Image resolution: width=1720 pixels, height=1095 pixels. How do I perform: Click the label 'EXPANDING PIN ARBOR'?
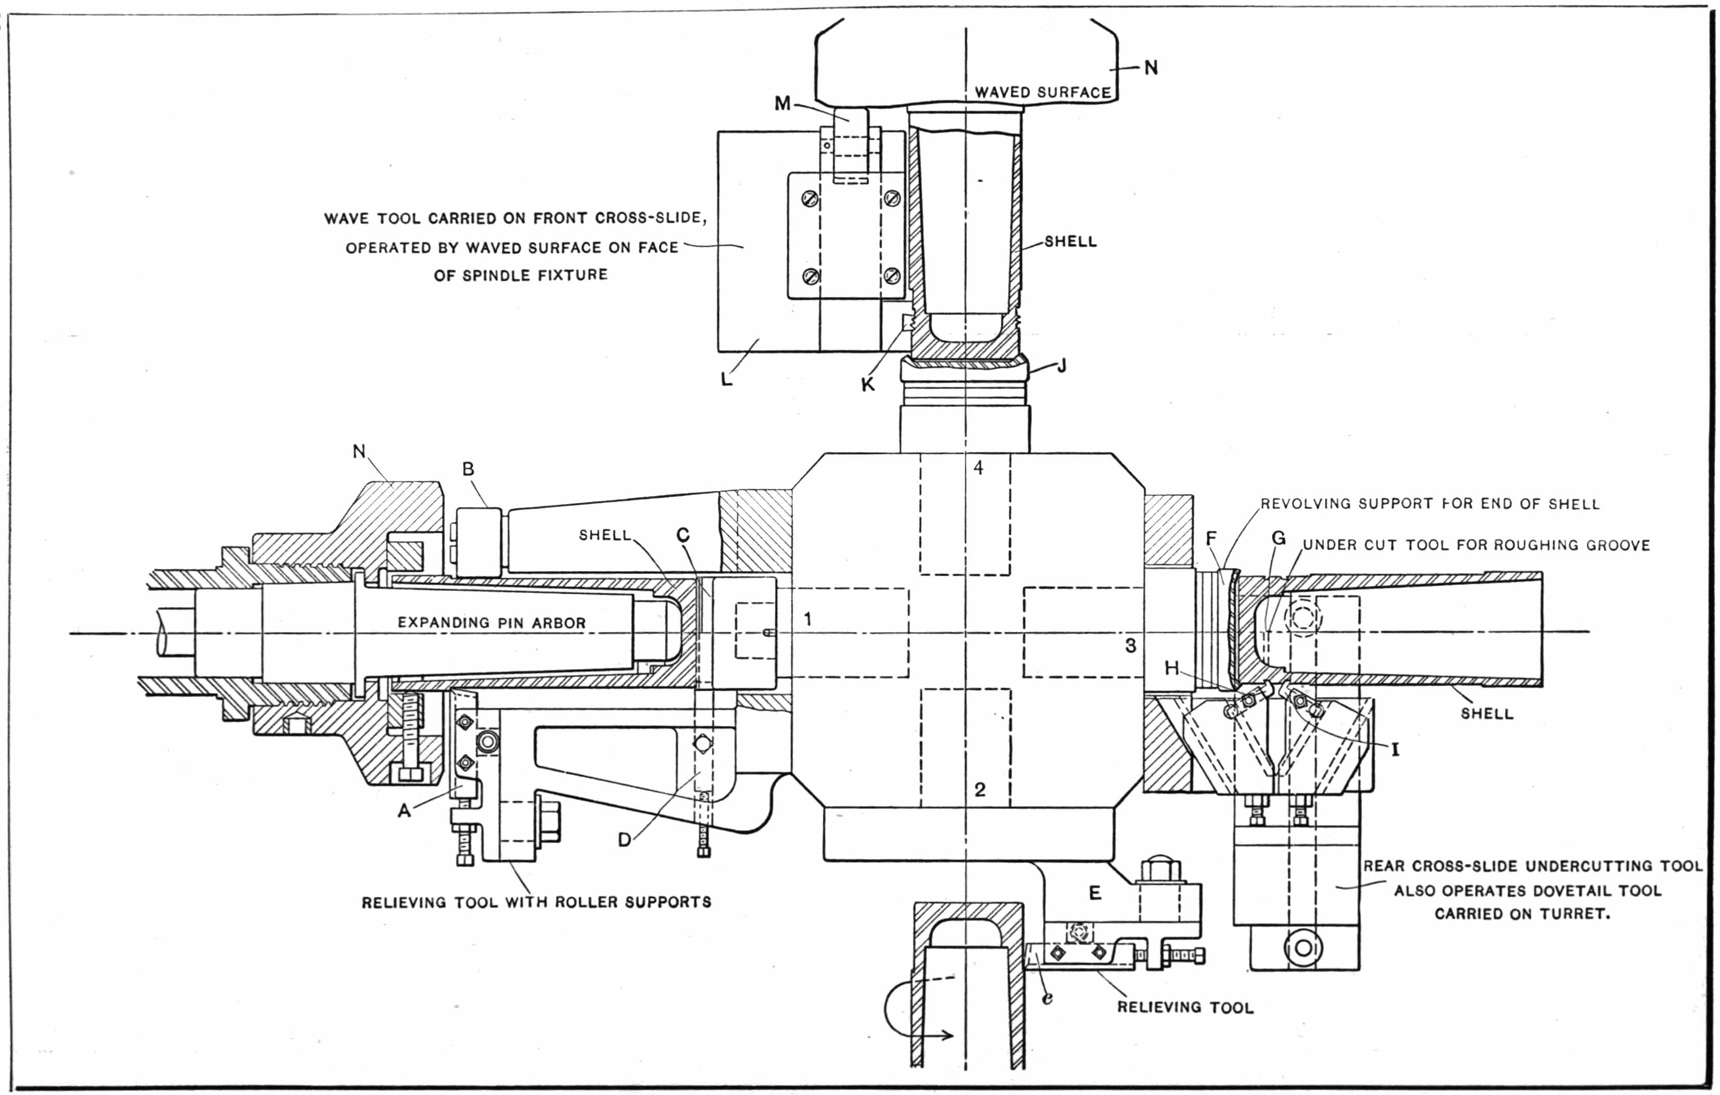pos(491,623)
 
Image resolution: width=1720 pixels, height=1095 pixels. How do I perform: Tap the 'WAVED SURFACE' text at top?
pos(1043,93)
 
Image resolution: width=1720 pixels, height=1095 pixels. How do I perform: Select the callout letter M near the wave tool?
pos(783,104)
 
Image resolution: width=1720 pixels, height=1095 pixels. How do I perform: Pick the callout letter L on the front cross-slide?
pos(726,379)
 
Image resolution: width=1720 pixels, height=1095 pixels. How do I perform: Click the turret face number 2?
pos(980,789)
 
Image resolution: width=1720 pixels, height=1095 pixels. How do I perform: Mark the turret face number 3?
pos(1130,646)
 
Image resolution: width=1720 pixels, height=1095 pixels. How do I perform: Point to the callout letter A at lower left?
pos(404,811)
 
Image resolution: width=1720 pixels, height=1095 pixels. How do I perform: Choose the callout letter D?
pos(624,840)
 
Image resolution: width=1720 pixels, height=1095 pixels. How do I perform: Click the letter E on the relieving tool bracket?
pos(1095,893)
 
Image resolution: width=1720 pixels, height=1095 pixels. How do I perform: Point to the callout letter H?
pos(1171,669)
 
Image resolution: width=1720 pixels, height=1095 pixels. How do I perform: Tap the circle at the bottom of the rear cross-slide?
pos(1304,948)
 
